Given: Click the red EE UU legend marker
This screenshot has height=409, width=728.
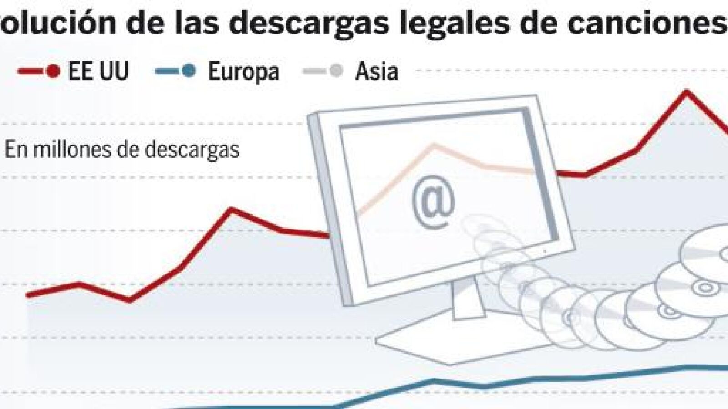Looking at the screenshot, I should pos(52,71).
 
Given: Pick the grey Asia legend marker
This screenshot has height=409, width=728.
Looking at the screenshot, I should pos(336,71).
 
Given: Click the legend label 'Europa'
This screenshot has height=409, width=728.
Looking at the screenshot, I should pos(243,71).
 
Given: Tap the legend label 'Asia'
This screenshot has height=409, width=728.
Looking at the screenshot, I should pos(377,71).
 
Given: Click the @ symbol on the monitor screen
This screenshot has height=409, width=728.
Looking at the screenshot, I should pos(433,201).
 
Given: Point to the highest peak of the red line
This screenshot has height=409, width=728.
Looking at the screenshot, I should pos(686,91).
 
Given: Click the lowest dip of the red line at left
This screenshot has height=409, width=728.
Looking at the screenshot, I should pos(130,300).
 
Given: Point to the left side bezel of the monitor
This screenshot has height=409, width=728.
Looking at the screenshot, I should pos(330,209).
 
